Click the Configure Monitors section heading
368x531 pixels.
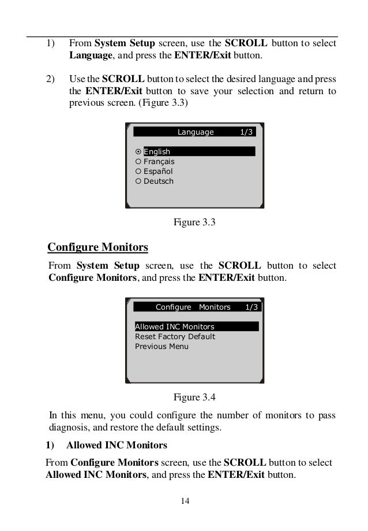pyautogui.click(x=97, y=248)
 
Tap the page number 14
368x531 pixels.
pyautogui.click(x=184, y=500)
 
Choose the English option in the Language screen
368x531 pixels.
pyautogui.click(x=157, y=152)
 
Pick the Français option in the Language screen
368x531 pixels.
pyautogui.click(x=159, y=162)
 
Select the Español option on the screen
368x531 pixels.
pyautogui.click(x=157, y=172)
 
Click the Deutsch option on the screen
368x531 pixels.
pyautogui.click(x=158, y=181)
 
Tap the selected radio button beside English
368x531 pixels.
pyautogui.click(x=138, y=152)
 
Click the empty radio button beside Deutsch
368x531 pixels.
pyautogui.click(x=138, y=181)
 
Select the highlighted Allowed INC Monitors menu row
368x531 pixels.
pyautogui.click(x=175, y=327)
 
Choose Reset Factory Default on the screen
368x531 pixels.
pyautogui.click(x=175, y=337)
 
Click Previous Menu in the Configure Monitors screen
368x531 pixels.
pyautogui.click(x=162, y=347)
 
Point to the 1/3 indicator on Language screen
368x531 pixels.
pyautogui.click(x=246, y=132)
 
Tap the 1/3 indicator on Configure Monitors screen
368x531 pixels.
pyautogui.click(x=251, y=307)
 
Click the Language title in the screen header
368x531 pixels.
pyautogui.click(x=195, y=132)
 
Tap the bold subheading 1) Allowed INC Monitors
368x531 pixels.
pyautogui.click(x=106, y=445)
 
